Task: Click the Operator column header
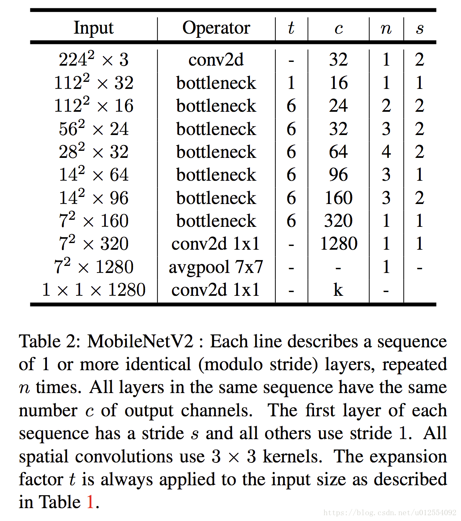tap(216, 28)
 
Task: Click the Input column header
tap(93, 28)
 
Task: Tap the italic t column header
tap(291, 28)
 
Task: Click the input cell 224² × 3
tap(93, 59)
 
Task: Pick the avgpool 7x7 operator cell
tap(216, 267)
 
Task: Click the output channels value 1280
tap(338, 243)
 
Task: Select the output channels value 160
tap(338, 198)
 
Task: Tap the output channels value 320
tap(338, 221)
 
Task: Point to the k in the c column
tap(338, 290)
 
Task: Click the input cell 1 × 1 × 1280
tap(93, 290)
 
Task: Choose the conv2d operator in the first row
tap(216, 60)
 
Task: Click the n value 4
tap(386, 152)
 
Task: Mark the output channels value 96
tap(338, 175)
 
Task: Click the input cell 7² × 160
tap(93, 221)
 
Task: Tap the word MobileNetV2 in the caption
tap(140, 342)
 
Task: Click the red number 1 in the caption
tap(90, 502)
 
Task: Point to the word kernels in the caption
tap(293, 456)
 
